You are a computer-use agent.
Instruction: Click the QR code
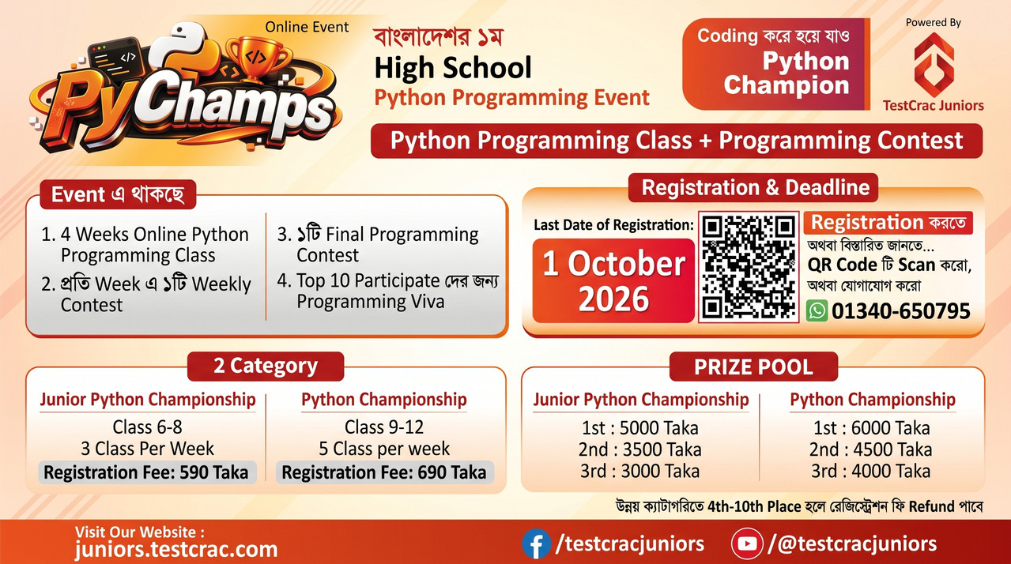[749, 267]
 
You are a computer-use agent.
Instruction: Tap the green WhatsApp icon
[817, 311]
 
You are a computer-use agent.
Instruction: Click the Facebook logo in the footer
[536, 543]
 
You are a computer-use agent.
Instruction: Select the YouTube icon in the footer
[747, 543]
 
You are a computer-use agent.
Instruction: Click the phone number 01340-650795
[901, 311]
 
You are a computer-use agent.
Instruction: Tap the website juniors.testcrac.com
[176, 549]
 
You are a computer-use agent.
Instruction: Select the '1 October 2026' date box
[613, 280]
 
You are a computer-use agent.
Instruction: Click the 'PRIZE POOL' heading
[754, 367]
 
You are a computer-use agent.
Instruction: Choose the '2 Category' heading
[266, 366]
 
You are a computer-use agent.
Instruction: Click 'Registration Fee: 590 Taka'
[146, 472]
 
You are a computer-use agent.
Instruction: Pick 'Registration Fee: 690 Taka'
[384, 472]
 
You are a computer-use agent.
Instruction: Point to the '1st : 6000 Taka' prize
[872, 427]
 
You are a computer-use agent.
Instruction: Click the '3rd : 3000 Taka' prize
[640, 471]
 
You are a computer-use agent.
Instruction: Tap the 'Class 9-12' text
[384, 427]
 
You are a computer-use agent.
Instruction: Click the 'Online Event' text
[307, 27]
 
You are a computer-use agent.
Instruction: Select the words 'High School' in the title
[453, 68]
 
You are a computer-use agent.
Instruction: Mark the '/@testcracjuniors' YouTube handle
[852, 543]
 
